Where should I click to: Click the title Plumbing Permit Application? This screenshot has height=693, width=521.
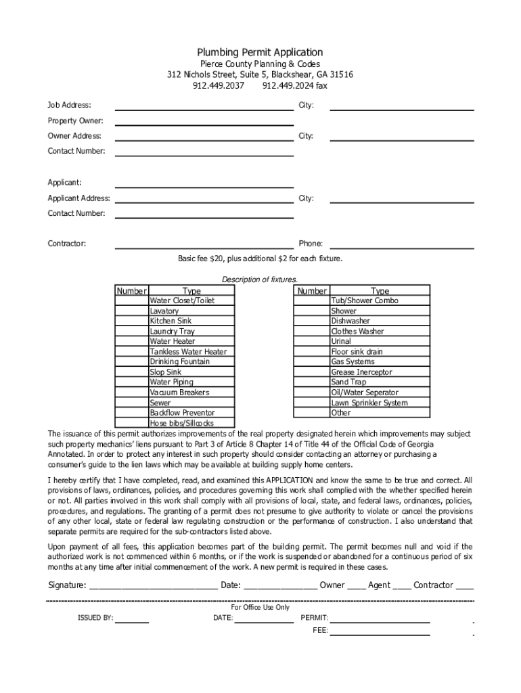pos(260,52)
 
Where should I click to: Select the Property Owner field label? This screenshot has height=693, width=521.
pos(75,120)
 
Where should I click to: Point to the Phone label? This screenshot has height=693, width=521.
pos(311,244)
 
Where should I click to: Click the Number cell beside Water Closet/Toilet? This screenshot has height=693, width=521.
pos(132,300)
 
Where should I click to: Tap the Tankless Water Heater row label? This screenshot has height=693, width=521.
pos(188,351)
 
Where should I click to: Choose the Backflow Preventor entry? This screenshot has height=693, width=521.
pos(182,412)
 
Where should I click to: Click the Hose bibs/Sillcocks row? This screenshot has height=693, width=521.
pos(181,423)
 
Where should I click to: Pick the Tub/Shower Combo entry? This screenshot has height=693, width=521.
pos(364,300)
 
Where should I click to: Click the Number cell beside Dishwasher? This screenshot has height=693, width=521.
pos(311,321)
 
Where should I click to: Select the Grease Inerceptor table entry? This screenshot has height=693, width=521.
pos(361,372)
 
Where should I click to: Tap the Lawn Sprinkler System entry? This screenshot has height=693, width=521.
pos(369,403)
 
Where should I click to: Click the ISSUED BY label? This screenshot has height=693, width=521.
pos(95,618)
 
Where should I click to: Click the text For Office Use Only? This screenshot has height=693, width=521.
pos(260,607)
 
